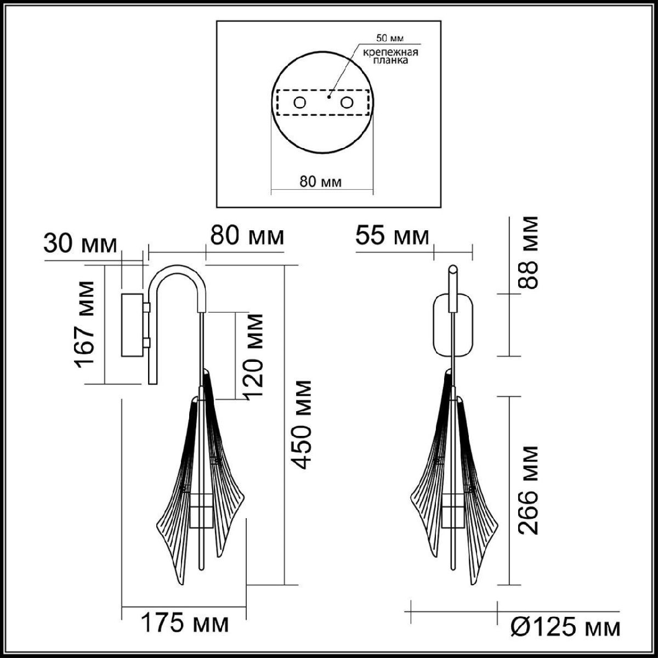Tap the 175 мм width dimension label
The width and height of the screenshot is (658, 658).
pos(184,623)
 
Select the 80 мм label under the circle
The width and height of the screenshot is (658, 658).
pos(321,182)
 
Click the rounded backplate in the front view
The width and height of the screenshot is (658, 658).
pos(453,325)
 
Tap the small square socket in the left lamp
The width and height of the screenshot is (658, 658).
pos(201,509)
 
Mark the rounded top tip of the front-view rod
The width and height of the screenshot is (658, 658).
pos(452,269)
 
